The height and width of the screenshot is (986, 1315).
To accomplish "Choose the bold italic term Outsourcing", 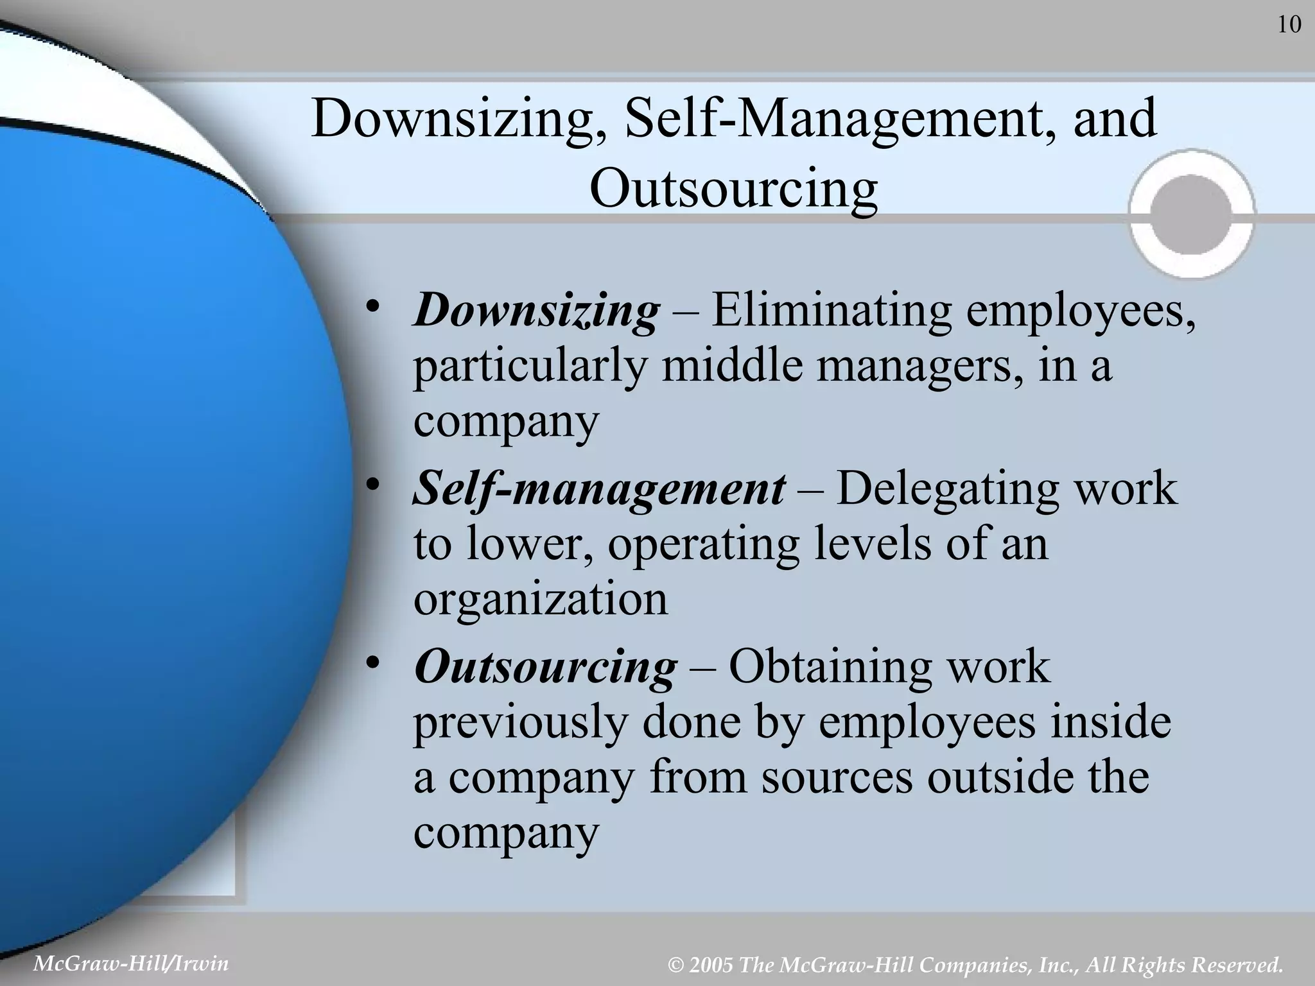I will [545, 667].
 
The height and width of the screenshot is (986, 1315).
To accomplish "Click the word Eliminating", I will [831, 311].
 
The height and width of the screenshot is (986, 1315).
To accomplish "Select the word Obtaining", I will [828, 667].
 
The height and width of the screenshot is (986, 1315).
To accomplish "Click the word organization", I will [541, 600].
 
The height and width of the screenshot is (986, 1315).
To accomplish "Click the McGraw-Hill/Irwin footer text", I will [131, 963].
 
